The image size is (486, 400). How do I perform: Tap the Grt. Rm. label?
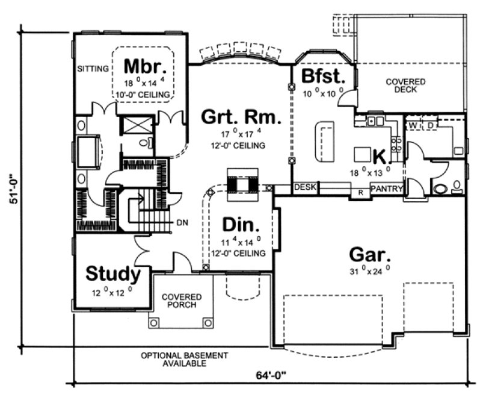point(241,116)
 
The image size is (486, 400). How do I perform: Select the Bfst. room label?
point(323,77)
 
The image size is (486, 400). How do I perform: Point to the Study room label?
point(113,274)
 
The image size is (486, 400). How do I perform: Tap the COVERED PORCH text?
point(181,301)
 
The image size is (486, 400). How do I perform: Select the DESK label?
point(306,188)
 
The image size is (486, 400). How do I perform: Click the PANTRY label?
point(386,189)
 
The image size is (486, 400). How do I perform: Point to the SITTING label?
point(93,69)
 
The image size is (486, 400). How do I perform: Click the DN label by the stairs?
point(182,223)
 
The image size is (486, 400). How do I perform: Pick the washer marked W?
point(413,125)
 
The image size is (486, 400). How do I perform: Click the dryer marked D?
point(430,125)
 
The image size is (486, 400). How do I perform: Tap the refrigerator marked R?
point(360,192)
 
